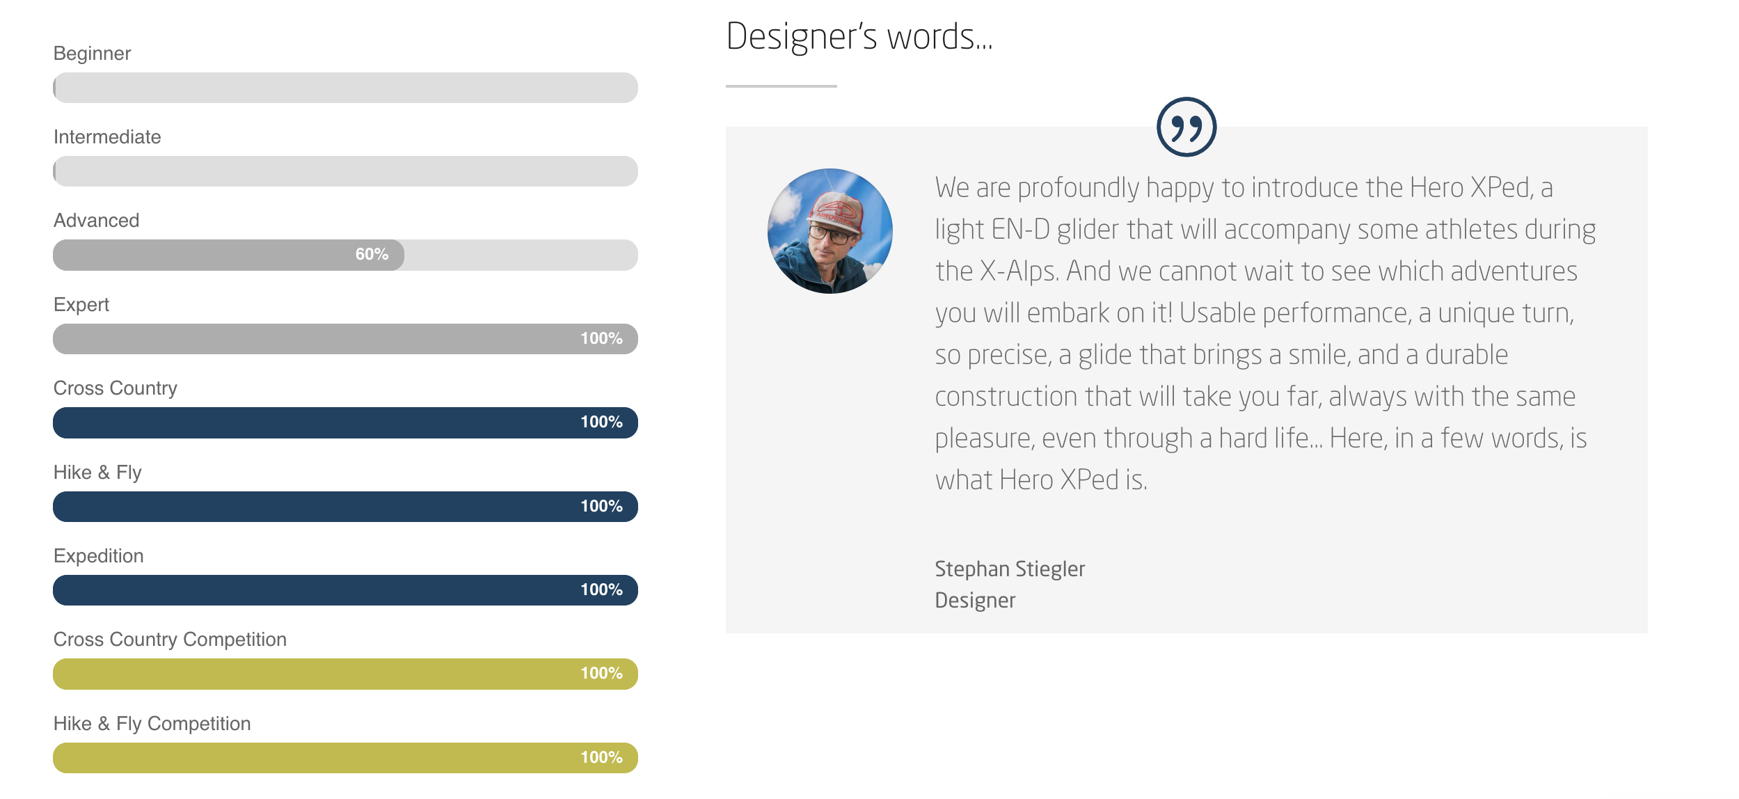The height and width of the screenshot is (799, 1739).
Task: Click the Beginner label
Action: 92,54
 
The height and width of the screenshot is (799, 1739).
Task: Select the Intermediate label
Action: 107,137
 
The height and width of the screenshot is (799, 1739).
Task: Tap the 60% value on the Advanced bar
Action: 372,255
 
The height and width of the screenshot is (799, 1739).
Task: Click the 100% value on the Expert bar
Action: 601,339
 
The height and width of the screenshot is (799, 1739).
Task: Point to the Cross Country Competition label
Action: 170,640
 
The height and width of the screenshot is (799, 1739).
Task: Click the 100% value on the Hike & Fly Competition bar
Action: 601,758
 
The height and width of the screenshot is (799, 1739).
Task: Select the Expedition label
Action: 99,556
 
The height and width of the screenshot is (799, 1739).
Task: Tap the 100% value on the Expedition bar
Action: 601,590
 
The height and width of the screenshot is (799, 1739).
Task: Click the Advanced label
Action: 97,221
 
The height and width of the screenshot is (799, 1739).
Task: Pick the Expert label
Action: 81,305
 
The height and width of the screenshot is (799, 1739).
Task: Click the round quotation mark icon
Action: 1186,127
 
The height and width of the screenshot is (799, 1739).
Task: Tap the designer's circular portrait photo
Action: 830,231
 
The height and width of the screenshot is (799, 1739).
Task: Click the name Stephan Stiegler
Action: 1010,569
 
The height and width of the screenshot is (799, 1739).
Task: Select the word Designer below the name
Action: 975,601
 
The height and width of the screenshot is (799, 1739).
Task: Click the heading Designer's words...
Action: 859,37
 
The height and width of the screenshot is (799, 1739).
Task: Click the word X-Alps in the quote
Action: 1019,271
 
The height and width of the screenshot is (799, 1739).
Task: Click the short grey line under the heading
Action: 781,86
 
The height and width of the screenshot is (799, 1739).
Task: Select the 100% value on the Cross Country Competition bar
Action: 601,674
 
